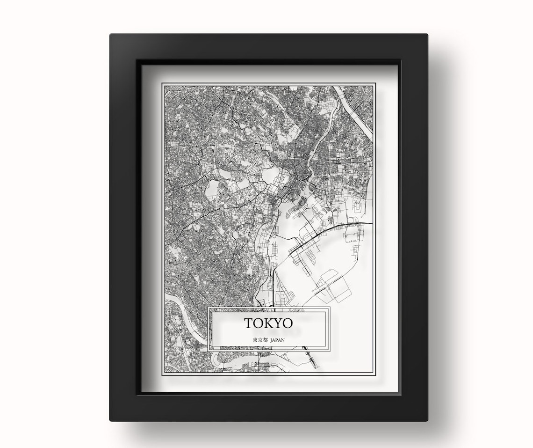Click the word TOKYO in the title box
pos(268,323)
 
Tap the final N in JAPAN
pos(283,340)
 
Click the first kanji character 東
pos(254,340)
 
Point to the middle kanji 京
pos(259,340)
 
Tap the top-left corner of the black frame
pos(111,36)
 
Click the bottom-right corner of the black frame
pos(426,419)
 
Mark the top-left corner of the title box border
pos(208,308)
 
